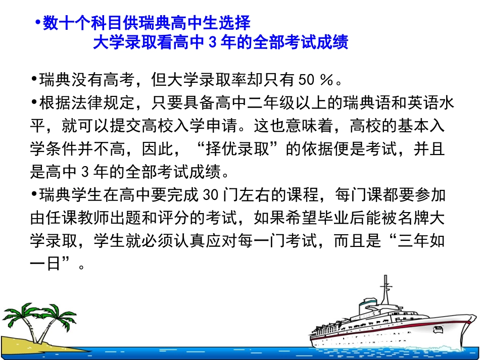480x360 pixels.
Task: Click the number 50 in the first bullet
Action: tap(306, 80)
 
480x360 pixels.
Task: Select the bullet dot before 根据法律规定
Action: tap(34, 103)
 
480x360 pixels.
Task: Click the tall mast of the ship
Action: tap(386, 293)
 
